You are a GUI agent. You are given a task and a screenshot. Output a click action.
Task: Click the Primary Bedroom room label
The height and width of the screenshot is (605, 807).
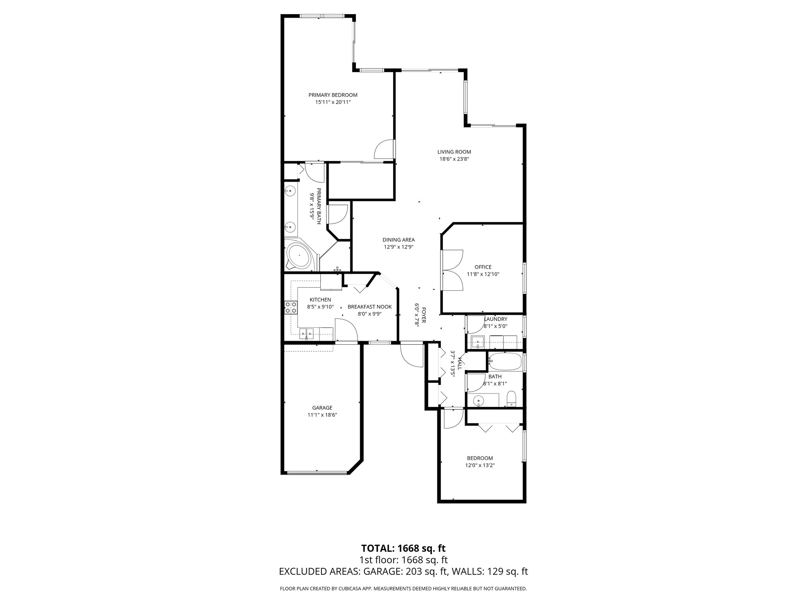pos(333,95)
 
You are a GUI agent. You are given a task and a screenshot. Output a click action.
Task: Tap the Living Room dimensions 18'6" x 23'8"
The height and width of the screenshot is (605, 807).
pos(454,159)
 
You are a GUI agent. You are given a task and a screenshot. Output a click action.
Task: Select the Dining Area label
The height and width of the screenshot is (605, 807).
pos(398,239)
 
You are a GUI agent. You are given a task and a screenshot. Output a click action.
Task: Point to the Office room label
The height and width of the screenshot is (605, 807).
pos(483,267)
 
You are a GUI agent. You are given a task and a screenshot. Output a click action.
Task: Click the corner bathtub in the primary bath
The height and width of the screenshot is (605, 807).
pos(299,256)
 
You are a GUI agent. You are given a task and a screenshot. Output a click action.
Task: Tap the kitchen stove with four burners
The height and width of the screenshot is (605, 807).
pos(291,308)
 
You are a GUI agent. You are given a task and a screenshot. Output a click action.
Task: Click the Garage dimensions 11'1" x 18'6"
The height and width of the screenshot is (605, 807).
pos(322,415)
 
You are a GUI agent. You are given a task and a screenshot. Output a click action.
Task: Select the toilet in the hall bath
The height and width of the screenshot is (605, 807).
pos(511,398)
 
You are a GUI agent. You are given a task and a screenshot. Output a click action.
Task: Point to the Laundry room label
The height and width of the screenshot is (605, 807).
pos(495,319)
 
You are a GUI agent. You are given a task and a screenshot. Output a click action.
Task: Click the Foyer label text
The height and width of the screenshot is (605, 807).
pos(424,315)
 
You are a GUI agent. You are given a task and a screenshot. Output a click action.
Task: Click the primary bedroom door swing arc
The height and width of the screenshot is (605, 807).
pos(383,150)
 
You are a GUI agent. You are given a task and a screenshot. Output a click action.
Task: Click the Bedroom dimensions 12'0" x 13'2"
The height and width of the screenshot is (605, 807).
pos(480,465)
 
